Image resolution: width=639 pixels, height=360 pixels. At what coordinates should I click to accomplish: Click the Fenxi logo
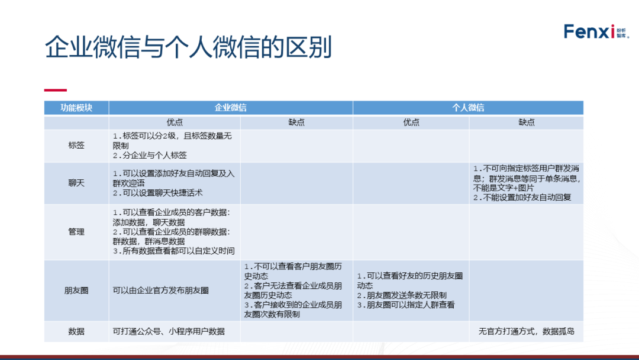(x=596, y=31)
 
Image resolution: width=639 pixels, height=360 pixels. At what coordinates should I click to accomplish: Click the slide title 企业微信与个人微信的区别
(x=188, y=47)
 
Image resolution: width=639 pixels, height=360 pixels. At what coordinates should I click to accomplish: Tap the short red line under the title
(x=56, y=90)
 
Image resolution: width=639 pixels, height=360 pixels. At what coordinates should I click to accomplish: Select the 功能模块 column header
(x=76, y=108)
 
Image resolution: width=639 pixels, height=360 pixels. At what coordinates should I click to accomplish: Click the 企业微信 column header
(x=231, y=108)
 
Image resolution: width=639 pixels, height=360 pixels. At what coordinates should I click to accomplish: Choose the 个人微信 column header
(x=468, y=108)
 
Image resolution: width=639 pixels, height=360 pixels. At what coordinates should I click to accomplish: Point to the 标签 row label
(x=76, y=145)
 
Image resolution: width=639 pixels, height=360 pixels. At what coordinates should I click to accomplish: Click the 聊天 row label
(x=76, y=183)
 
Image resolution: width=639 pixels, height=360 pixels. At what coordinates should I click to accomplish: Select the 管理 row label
(x=76, y=232)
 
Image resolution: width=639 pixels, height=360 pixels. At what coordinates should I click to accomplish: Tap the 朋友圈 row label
(x=76, y=290)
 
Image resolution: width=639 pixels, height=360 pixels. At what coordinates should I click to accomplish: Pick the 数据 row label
(x=76, y=331)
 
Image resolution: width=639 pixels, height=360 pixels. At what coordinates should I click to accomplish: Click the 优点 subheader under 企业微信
(x=175, y=123)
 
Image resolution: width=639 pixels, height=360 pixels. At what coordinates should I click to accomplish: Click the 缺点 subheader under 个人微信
(x=527, y=123)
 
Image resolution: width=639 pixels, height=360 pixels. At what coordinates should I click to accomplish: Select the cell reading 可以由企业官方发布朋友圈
(x=161, y=290)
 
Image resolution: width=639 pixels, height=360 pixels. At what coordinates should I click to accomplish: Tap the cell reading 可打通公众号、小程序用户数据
(x=169, y=331)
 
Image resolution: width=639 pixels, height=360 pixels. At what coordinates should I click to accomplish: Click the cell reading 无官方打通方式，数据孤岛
(x=527, y=331)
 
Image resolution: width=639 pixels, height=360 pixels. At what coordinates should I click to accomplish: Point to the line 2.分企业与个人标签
(x=150, y=155)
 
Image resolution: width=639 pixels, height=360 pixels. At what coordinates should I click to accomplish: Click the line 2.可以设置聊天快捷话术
(x=158, y=193)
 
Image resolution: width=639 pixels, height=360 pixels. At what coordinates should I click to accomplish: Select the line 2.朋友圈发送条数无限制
(x=402, y=295)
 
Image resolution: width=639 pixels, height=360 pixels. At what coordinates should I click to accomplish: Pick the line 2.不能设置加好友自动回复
(x=522, y=198)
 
